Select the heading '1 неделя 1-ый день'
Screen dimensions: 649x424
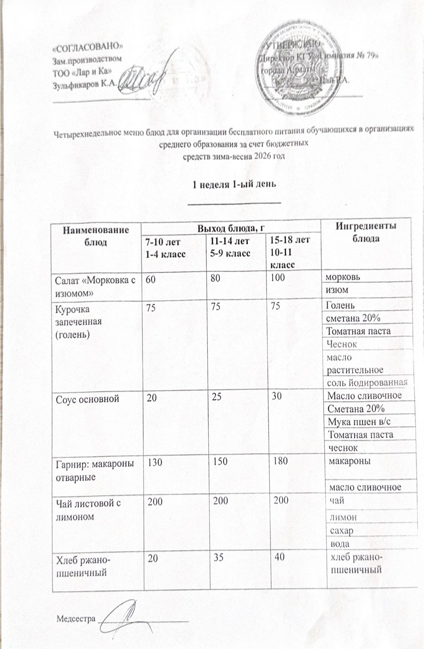point(234,184)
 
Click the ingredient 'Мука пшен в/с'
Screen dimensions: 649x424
point(359,422)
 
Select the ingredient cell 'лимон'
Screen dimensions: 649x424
point(343,517)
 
